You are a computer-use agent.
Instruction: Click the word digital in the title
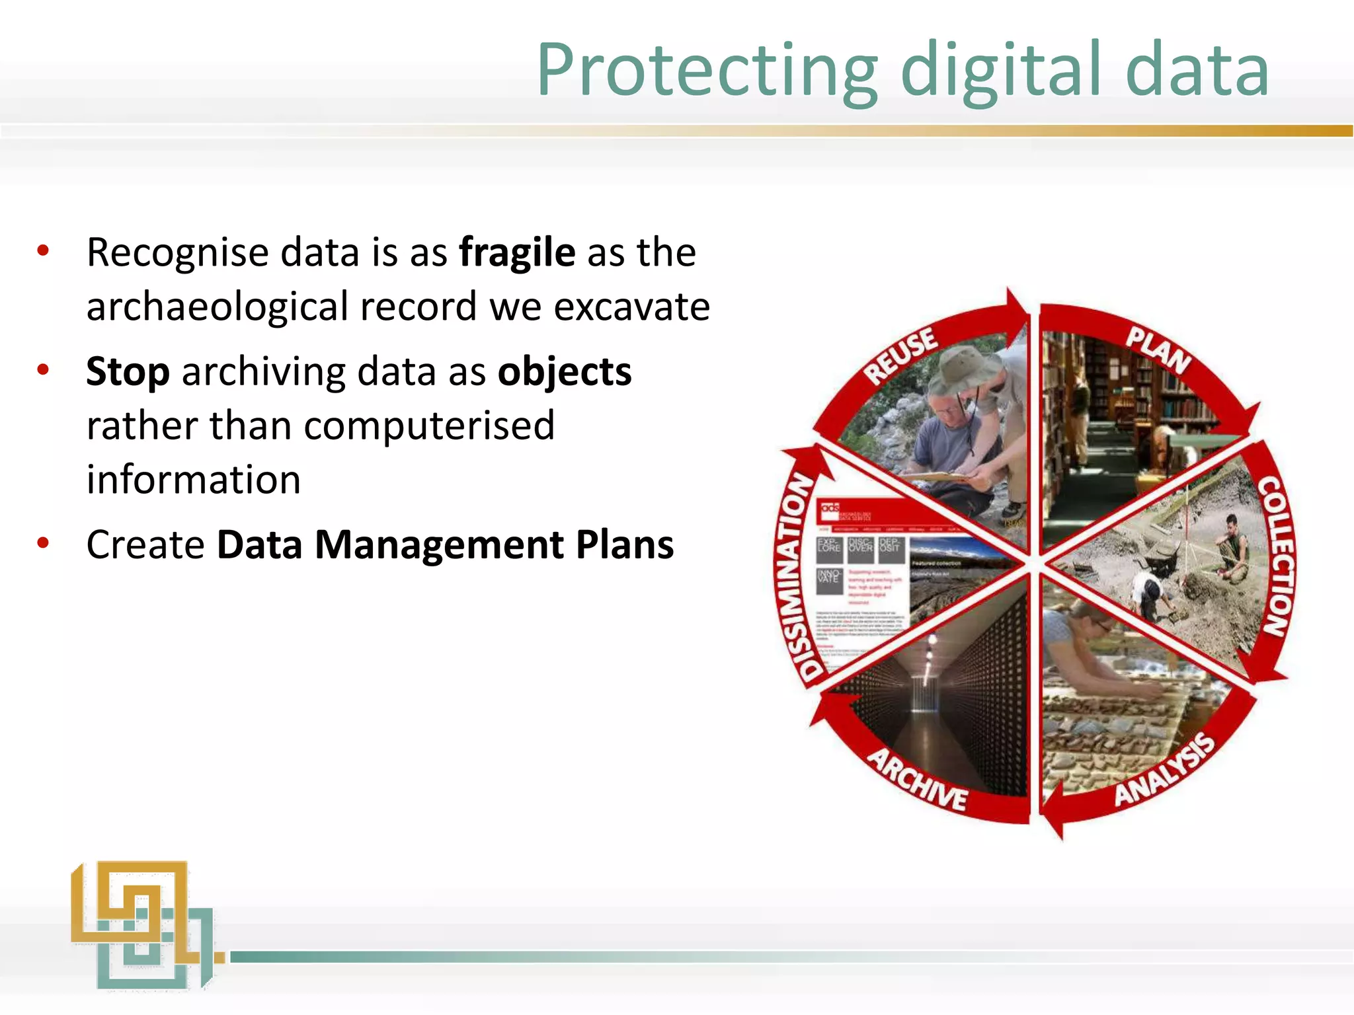click(x=1002, y=70)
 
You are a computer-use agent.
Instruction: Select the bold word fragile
click(x=517, y=252)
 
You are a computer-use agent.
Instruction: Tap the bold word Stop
click(x=128, y=372)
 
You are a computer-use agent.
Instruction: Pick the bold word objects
click(x=565, y=372)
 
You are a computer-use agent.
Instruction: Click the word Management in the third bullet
click(x=439, y=545)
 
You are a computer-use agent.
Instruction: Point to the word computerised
click(x=429, y=426)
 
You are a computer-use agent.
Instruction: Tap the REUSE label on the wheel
click(x=900, y=355)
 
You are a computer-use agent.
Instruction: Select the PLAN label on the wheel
click(x=1158, y=349)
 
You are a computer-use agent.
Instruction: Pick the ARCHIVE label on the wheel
click(x=918, y=780)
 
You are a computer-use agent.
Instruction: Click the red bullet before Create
click(x=44, y=544)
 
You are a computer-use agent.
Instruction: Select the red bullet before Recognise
click(x=44, y=251)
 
